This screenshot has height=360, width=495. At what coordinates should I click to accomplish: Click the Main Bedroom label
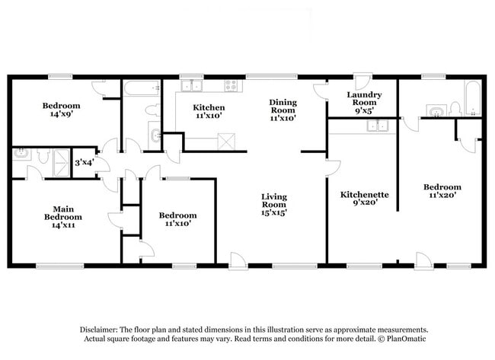(x=66, y=217)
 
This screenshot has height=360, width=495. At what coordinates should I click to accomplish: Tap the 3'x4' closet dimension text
(x=84, y=162)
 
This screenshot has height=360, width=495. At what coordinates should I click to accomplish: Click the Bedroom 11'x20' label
(x=442, y=192)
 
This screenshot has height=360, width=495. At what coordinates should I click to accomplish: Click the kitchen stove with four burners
(x=231, y=85)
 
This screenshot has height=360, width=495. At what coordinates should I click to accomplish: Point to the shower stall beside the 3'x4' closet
(x=59, y=155)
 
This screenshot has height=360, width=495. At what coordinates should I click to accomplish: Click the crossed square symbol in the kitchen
(x=226, y=141)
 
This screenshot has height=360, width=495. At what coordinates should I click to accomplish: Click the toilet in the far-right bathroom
(x=455, y=109)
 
